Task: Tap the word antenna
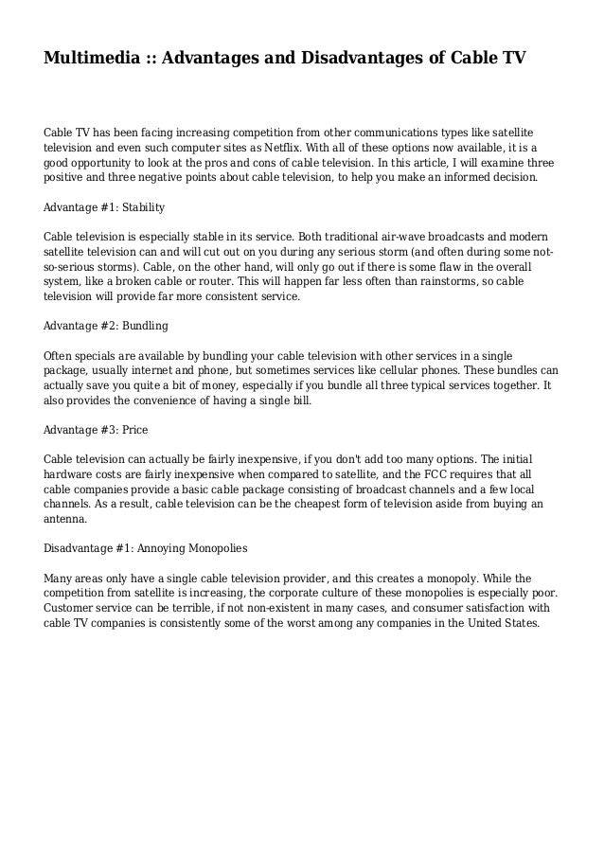click(x=65, y=519)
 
